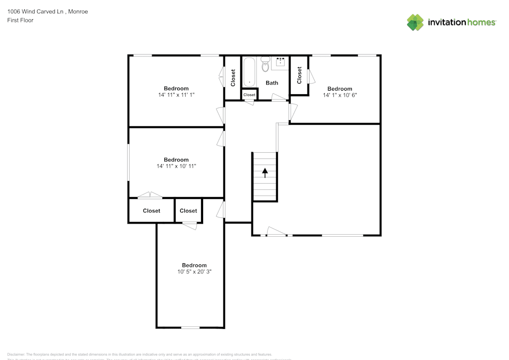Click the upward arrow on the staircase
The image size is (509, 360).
tap(265, 173)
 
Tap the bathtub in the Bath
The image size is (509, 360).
tap(249, 72)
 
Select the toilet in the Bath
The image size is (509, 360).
tap(265, 65)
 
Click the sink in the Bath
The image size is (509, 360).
tap(280, 63)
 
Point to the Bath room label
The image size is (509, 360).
tap(272, 82)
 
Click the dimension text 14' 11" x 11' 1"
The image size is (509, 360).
tap(176, 95)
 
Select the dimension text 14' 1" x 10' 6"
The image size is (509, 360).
tap(340, 95)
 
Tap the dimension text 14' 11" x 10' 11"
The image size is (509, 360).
tap(176, 166)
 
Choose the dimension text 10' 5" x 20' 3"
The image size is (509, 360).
tap(194, 271)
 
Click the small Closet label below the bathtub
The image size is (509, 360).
tap(249, 95)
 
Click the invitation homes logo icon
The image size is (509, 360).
tap(415, 22)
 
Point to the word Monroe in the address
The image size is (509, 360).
tap(77, 11)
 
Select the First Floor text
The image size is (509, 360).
tap(20, 20)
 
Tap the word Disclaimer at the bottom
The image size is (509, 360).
tap(16, 354)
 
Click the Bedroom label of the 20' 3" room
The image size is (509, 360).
tap(194, 265)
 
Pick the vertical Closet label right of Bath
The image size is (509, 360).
tap(299, 75)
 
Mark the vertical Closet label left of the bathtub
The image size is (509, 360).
tap(233, 77)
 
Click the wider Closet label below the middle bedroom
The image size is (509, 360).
tap(152, 211)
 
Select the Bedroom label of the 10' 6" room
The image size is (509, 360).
tap(340, 89)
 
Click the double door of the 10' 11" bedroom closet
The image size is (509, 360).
tap(150, 195)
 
